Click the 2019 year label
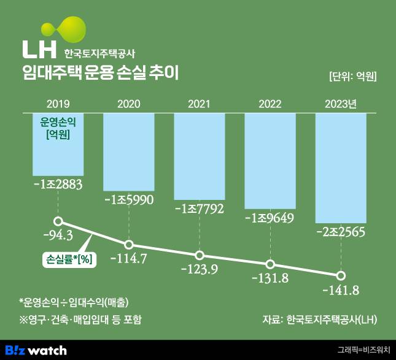57,103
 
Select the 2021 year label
199,103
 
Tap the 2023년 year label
340,103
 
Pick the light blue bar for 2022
270,161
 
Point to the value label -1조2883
58,184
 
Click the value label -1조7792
199,208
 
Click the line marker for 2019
58,221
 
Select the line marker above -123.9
199,255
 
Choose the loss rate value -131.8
270,279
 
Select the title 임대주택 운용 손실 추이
99,74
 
